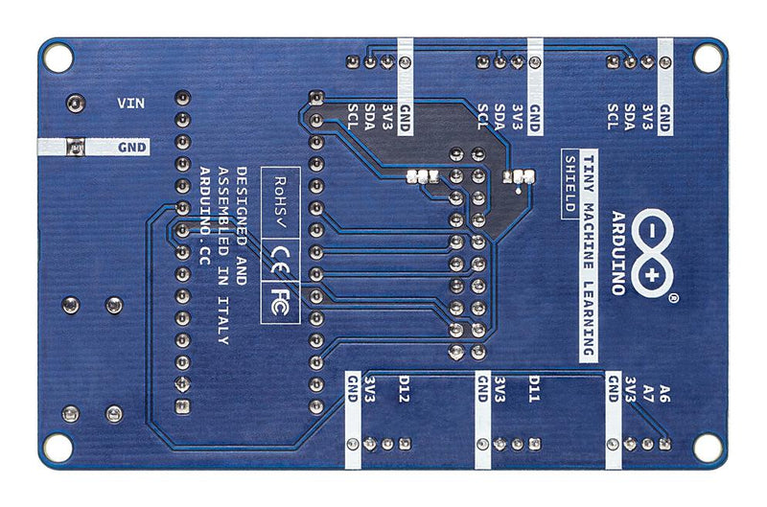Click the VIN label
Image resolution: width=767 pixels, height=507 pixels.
[130, 104]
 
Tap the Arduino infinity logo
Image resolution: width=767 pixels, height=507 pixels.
[652, 254]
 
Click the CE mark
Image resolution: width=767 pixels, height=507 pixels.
[280, 259]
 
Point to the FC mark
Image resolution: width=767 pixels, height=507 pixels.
[280, 302]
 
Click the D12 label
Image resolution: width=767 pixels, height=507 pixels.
[404, 389]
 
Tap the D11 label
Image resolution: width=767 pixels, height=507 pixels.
[534, 389]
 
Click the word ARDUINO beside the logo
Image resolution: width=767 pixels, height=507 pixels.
[618, 253]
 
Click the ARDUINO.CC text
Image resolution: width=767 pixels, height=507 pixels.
[205, 216]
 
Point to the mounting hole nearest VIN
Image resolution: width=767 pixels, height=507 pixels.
[58, 58]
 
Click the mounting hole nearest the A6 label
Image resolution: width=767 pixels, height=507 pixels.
[708, 448]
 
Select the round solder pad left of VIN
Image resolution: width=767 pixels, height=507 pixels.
[76, 104]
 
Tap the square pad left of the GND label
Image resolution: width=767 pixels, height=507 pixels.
[76, 147]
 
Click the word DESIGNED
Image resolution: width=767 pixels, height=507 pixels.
[242, 200]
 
